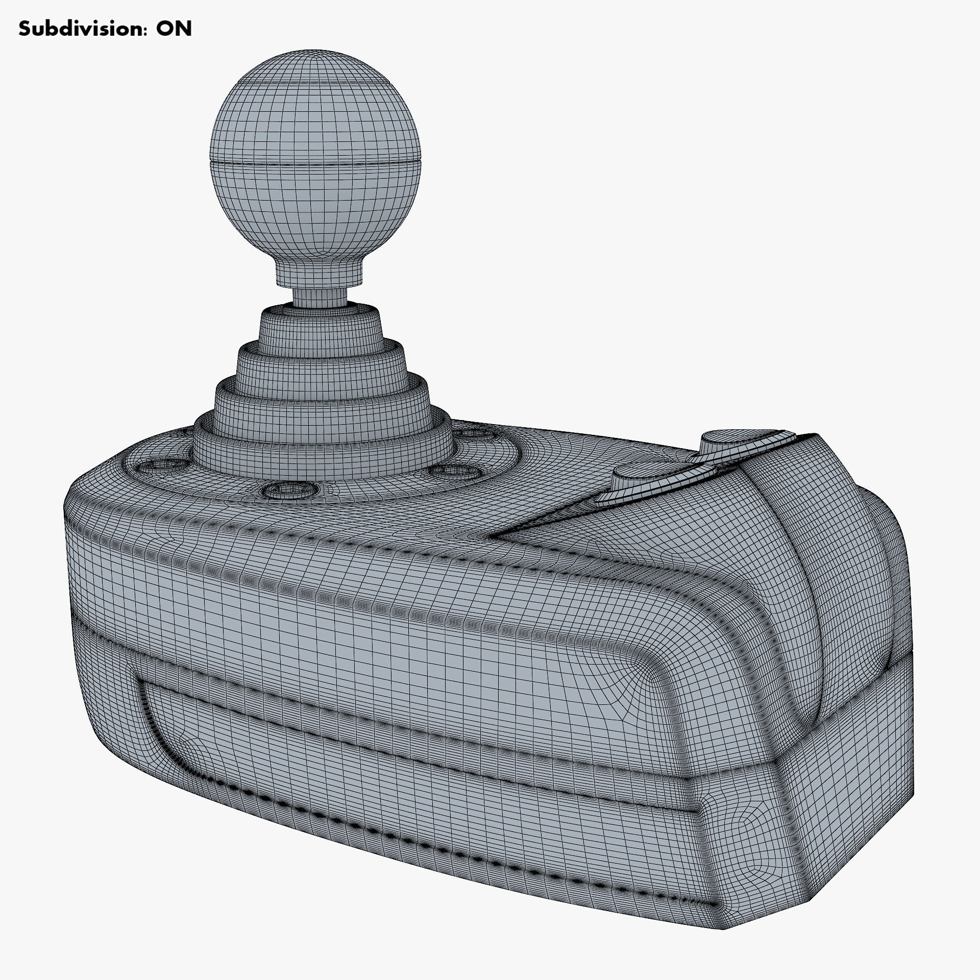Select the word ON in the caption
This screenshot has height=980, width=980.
pyautogui.click(x=174, y=29)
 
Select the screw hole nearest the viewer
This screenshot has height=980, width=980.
pyautogui.click(x=287, y=491)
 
